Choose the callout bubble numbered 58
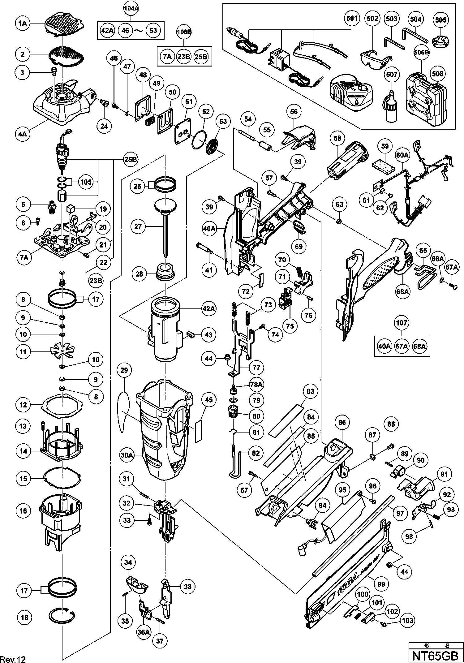[x=337, y=138]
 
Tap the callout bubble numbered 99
[x=381, y=584]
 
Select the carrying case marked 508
[x=427, y=99]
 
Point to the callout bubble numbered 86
[x=342, y=422]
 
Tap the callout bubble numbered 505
[x=440, y=20]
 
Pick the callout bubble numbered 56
[x=294, y=111]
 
